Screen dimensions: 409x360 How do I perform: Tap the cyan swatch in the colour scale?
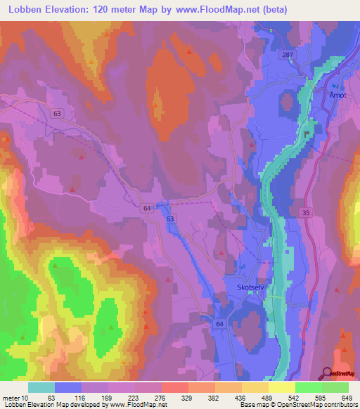41,387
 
